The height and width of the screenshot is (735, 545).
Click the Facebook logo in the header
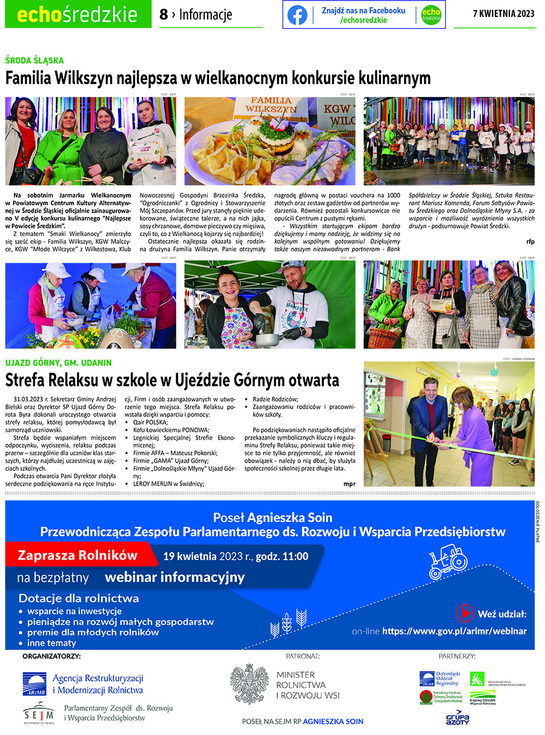point(297,15)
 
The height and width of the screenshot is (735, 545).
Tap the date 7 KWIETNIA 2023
point(503,15)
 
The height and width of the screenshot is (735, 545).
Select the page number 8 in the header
point(163,15)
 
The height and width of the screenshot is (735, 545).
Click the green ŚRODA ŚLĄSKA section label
point(35,61)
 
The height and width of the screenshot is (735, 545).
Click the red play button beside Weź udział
point(464,613)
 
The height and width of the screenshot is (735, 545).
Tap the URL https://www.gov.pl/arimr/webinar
point(454,631)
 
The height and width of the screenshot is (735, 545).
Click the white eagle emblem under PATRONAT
point(249,683)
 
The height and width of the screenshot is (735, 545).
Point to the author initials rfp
point(530,241)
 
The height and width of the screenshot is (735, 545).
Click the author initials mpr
point(349,483)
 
